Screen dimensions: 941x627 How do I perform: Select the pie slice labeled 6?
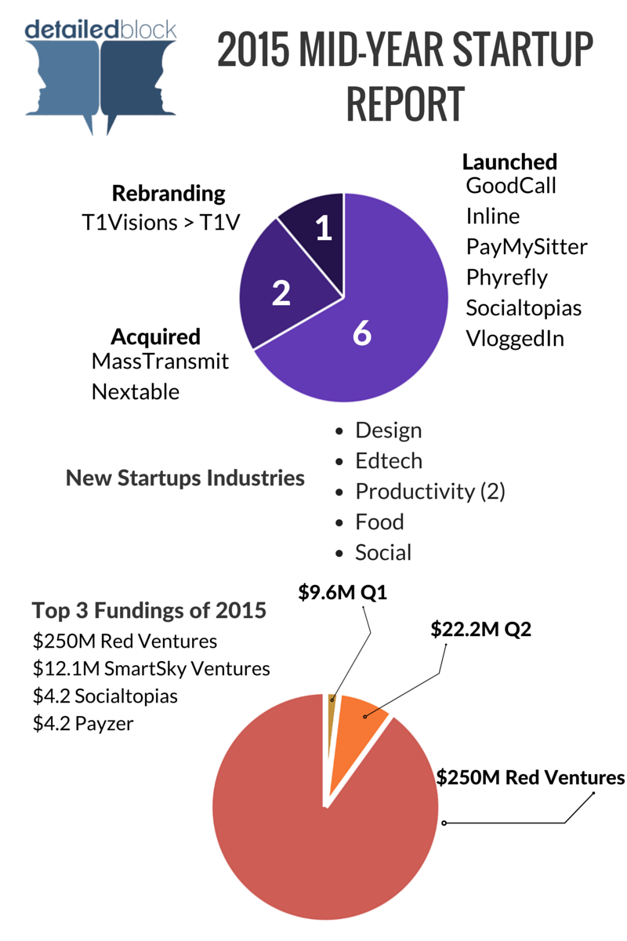click(368, 337)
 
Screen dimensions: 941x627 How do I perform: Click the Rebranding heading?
click(169, 193)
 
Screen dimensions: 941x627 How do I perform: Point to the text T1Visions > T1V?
click(161, 223)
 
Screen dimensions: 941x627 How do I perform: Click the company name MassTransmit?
click(160, 362)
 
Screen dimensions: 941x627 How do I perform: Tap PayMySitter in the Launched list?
click(526, 246)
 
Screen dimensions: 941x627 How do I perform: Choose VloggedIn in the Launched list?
click(515, 339)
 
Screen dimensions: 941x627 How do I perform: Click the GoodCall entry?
click(511, 186)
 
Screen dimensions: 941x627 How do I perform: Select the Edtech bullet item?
click(389, 461)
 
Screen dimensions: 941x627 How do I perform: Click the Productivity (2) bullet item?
click(429, 492)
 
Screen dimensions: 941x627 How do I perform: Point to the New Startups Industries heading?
click(185, 478)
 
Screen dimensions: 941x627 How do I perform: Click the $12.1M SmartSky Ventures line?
click(151, 668)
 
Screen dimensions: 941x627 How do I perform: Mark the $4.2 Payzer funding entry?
click(83, 723)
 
